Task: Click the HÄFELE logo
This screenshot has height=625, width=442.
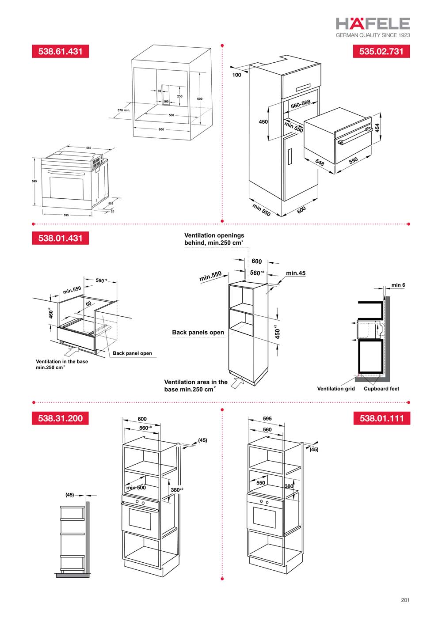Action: coord(373,23)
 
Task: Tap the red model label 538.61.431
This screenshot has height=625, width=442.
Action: coord(60,51)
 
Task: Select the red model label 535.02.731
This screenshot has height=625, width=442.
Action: coord(381,51)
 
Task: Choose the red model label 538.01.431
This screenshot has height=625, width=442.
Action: coord(60,238)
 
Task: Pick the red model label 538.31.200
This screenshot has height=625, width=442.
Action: coord(60,418)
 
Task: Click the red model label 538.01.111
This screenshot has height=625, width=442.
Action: coord(381,418)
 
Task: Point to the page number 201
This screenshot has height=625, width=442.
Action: coord(405,600)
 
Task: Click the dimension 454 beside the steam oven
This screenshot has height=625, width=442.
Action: coord(377,128)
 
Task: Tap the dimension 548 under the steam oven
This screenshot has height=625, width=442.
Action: coord(320,163)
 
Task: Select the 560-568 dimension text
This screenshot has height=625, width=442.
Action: coord(301,104)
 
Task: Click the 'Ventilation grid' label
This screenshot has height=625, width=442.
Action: coord(336,389)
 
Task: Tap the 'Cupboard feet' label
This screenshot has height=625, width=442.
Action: coord(381,389)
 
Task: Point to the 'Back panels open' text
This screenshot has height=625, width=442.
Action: coord(198,333)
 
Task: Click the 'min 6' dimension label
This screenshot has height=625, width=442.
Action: coord(398,285)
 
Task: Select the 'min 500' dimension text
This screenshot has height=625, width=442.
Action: coord(136,488)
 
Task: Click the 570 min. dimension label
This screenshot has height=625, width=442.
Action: coord(124,110)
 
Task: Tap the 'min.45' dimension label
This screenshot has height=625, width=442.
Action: coord(296,273)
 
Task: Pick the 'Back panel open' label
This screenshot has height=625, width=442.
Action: coord(132,353)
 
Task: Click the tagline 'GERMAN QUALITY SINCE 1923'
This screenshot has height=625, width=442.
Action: coord(373,35)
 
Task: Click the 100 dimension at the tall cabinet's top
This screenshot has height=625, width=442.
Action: coord(237,75)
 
